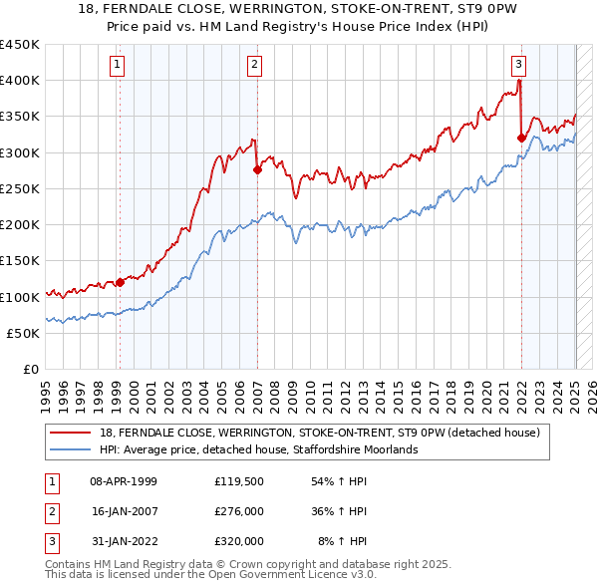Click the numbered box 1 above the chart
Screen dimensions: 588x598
click(x=118, y=66)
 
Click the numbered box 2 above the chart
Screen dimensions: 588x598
click(x=255, y=66)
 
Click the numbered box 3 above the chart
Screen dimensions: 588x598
click(x=519, y=66)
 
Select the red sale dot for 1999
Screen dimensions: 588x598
click(x=120, y=282)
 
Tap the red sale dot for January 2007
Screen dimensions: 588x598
click(x=257, y=169)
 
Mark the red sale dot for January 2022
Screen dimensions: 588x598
click(x=521, y=138)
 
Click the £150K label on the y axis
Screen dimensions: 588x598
click(x=20, y=261)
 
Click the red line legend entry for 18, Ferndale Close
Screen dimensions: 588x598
click(x=319, y=433)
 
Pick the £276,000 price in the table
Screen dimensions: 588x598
click(x=239, y=511)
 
